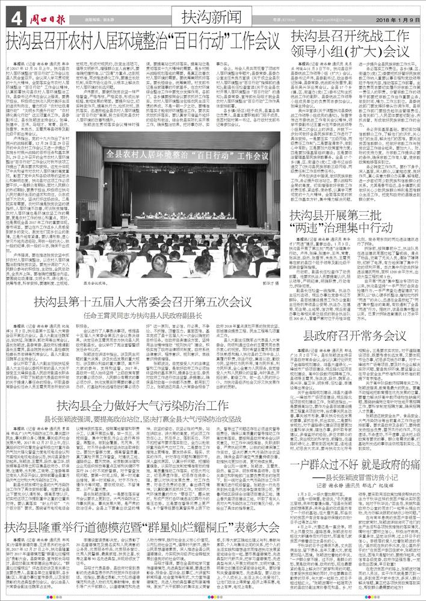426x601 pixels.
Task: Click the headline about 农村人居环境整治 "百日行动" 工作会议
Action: click(143, 43)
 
